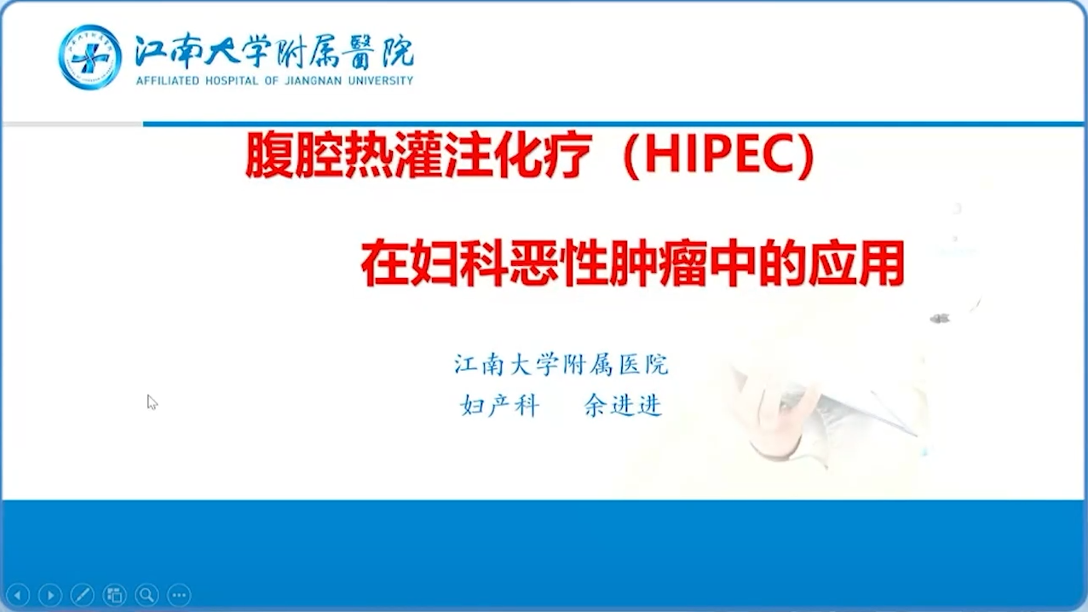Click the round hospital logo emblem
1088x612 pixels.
(x=89, y=57)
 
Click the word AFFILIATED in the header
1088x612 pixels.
(x=168, y=81)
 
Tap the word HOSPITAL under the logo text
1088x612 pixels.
(x=232, y=81)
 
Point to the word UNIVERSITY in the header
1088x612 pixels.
(x=381, y=81)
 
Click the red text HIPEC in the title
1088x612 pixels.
(x=719, y=155)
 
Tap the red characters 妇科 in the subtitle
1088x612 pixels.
(x=459, y=263)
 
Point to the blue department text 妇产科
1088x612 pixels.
(x=500, y=406)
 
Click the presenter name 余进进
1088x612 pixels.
(x=623, y=406)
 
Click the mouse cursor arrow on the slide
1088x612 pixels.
(x=152, y=402)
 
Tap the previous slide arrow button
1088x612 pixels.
(x=19, y=595)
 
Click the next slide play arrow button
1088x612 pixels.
(x=50, y=595)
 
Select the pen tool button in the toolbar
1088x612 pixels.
(x=83, y=595)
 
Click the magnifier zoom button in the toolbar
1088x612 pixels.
(x=147, y=595)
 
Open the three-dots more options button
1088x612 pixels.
(x=179, y=595)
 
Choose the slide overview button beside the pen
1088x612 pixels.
(x=115, y=595)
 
